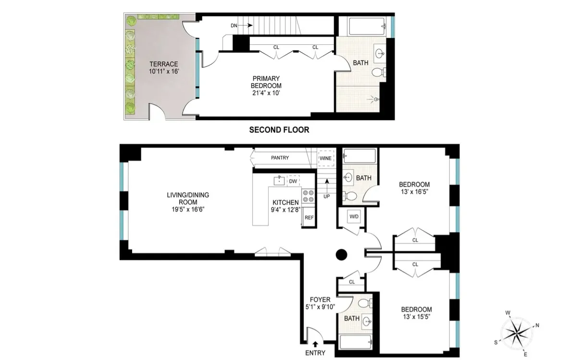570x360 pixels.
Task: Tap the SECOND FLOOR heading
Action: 279,130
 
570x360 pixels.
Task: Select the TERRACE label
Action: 163,64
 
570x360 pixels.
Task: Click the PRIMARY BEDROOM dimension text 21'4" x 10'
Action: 266,93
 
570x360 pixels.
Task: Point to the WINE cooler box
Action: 325,158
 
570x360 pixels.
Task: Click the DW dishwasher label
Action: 293,181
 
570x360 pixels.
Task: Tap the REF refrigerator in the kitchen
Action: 309,218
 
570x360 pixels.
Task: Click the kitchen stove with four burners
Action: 308,196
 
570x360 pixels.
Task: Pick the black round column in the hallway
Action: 341,254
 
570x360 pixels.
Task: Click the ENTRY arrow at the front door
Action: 315,344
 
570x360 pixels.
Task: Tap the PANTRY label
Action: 280,158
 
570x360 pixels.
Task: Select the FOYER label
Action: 320,300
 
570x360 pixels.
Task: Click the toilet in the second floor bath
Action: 378,73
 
